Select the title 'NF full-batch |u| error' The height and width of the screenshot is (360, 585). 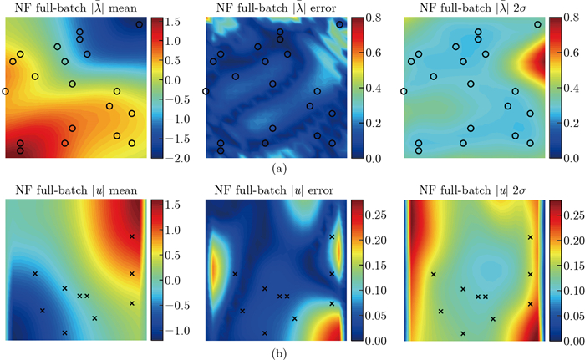click(x=270, y=191)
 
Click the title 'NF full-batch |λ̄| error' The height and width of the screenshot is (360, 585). click(x=270, y=8)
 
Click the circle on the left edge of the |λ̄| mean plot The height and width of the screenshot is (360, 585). click(x=6, y=91)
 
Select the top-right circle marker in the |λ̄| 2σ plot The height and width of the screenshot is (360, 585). click(x=537, y=25)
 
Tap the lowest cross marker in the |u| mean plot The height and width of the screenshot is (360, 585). click(x=64, y=332)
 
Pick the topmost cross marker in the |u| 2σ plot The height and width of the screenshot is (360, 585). click(x=530, y=237)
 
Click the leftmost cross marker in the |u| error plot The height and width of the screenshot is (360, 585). click(x=235, y=274)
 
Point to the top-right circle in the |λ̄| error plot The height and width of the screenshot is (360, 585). click(x=340, y=25)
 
